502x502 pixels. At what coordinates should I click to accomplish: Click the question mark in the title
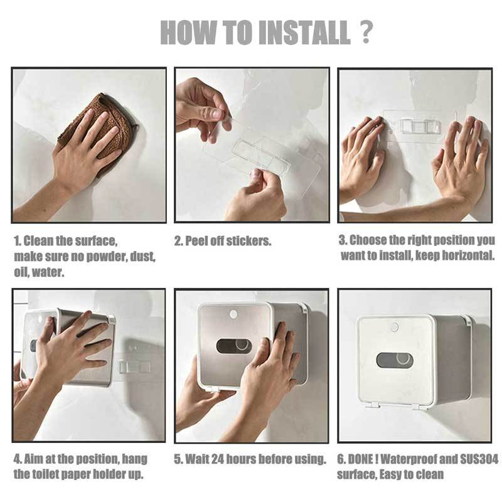click(x=366, y=31)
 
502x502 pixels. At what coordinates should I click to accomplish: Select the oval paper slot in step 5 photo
click(x=234, y=346)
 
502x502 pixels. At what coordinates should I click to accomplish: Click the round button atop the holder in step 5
click(x=233, y=313)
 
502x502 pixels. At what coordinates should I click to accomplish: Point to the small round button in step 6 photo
click(x=394, y=327)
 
